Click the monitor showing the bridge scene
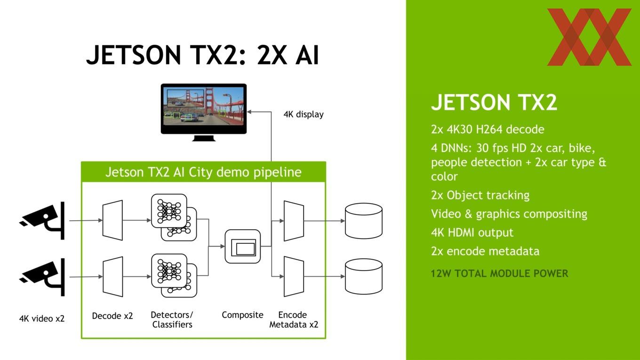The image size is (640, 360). (203, 112)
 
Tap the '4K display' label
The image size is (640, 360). (304, 114)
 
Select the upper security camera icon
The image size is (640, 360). (42, 220)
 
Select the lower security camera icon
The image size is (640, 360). (42, 277)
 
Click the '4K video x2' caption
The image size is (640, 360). (42, 318)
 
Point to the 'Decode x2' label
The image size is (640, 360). (112, 316)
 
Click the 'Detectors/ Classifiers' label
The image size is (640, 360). (172, 320)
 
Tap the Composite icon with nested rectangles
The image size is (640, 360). (243, 246)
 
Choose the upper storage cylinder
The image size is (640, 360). (364, 221)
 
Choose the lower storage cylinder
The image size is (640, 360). (364, 276)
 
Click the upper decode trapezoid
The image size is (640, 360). (112, 220)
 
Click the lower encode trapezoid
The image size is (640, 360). (294, 276)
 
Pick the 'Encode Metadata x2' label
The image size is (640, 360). (294, 320)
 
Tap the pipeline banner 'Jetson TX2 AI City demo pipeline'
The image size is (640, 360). (203, 172)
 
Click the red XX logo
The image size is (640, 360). (589, 37)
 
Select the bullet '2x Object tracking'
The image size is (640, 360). (480, 195)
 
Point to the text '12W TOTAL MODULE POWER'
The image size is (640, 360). (499, 273)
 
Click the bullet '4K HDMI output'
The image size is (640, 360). (472, 232)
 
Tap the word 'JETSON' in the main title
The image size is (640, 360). (134, 55)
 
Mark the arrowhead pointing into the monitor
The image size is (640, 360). (249, 112)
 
